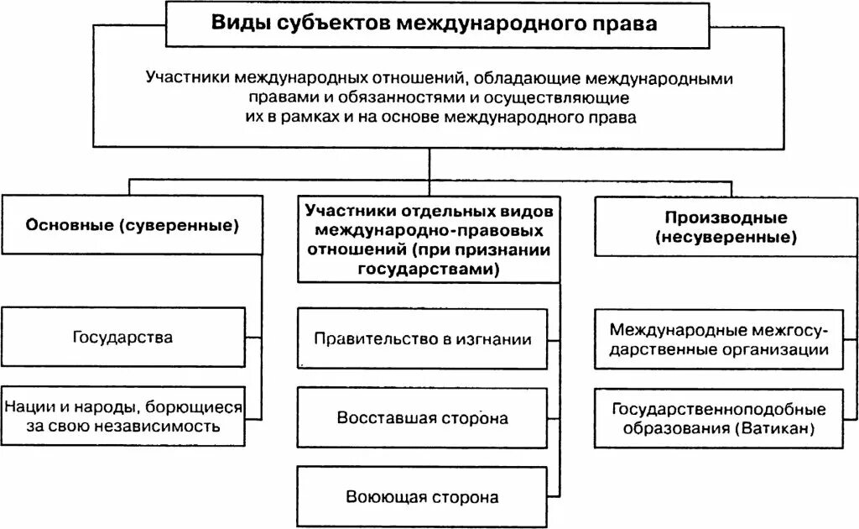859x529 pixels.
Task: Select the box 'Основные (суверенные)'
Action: tap(132, 225)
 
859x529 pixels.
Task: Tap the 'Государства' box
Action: tap(123, 338)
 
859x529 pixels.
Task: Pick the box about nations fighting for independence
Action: tap(123, 416)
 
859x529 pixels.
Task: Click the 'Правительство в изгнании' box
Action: tap(423, 339)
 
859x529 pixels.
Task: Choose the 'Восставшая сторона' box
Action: tap(423, 417)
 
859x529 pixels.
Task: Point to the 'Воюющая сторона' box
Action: tap(423, 496)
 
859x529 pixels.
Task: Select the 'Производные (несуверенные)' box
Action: tap(726, 227)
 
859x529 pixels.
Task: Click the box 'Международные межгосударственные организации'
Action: tap(719, 339)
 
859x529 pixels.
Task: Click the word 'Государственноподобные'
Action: tap(719, 410)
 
